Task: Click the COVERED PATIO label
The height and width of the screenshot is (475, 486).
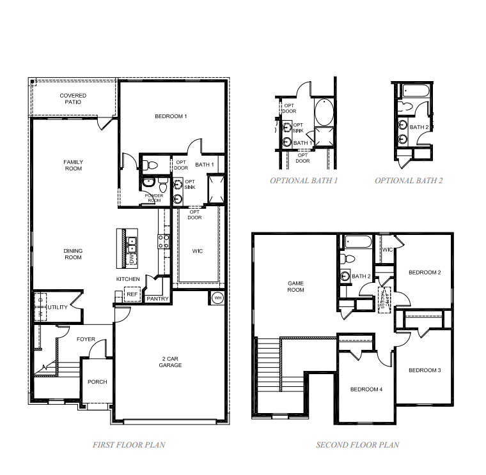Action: pos(73,99)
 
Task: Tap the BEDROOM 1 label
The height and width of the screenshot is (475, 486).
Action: pos(171,116)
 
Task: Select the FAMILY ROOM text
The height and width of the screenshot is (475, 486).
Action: pos(73,165)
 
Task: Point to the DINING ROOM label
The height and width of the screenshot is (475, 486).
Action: pos(73,254)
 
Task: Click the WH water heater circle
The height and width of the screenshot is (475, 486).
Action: pos(217,298)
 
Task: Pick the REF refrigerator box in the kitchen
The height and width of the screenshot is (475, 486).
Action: pos(132,294)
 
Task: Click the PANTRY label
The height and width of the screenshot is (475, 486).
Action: pos(157,298)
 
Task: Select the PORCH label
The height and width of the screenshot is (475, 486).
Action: pos(98,382)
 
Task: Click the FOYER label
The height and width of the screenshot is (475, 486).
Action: pos(86,339)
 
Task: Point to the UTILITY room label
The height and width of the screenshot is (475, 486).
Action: pos(58,307)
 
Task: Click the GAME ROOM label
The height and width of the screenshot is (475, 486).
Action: pos(295,286)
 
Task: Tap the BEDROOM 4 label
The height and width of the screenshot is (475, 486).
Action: pos(366,389)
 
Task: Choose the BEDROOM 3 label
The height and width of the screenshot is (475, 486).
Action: pos(425,370)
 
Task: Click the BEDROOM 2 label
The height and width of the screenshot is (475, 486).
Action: pos(425,273)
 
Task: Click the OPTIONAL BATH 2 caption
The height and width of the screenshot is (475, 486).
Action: pos(409,181)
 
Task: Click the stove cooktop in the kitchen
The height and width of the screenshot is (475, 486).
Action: pos(163,241)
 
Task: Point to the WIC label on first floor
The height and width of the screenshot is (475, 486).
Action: pos(198,251)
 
